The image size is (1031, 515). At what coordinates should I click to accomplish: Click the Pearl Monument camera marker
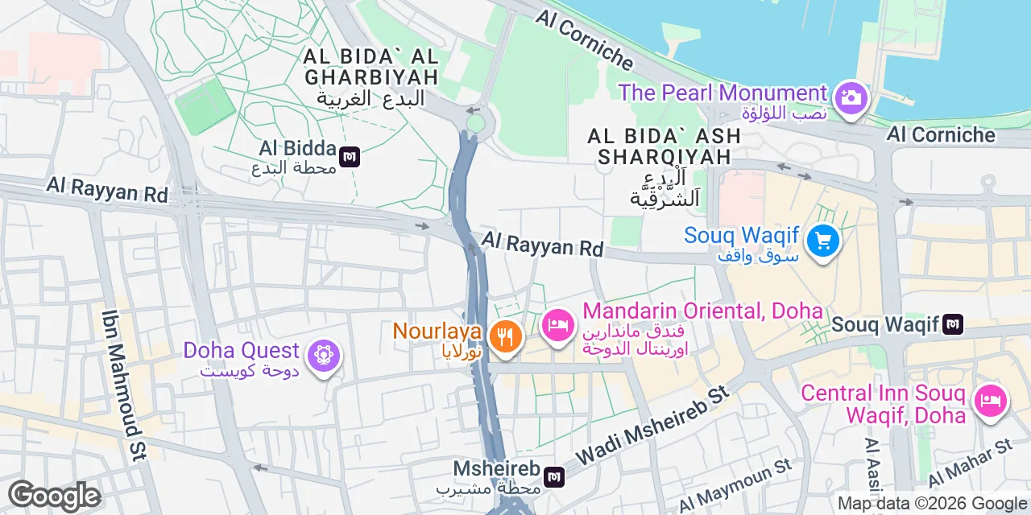point(851,99)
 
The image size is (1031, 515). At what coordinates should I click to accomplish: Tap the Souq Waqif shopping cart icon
point(822,241)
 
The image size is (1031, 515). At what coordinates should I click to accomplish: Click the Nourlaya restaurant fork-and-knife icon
point(505,336)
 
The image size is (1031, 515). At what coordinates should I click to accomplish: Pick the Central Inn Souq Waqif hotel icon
point(990,401)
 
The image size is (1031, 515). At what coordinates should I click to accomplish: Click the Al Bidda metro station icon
point(350,156)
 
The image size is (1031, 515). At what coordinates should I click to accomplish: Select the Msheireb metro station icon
point(554,476)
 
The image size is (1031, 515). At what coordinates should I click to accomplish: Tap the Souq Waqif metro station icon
point(954,324)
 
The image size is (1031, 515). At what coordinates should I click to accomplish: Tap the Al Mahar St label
point(971,464)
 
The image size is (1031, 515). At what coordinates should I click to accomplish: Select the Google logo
point(55,496)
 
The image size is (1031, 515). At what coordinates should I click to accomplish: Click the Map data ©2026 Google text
point(932,504)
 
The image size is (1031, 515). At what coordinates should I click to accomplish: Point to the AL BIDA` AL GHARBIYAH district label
point(371,68)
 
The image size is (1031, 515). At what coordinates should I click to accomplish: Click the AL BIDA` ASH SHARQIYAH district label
point(664,146)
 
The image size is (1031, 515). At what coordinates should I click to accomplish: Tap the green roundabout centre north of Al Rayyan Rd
point(476,122)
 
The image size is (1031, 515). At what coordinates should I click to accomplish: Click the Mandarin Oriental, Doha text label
point(702,311)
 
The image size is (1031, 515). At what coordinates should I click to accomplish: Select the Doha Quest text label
point(242,351)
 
